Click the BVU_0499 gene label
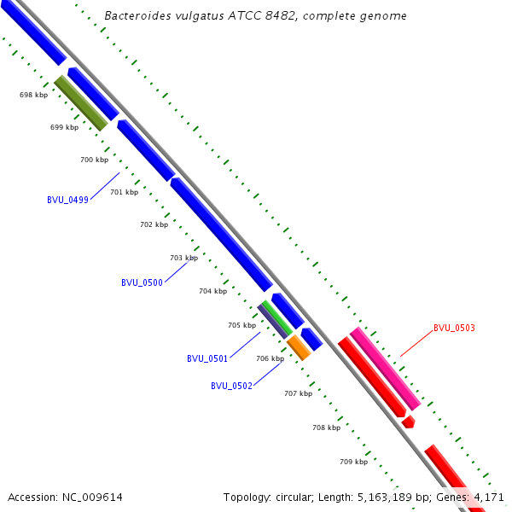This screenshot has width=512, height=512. (67, 200)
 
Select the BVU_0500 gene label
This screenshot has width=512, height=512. (142, 282)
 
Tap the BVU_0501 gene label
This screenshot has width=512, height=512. (207, 358)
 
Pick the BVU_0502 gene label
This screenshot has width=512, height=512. (231, 386)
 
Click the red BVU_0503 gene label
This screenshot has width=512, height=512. (454, 328)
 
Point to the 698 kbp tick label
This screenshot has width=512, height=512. (34, 95)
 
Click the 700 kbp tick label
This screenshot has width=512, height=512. (95, 160)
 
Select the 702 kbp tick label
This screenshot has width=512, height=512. (154, 224)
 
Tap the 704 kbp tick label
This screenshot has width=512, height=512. (213, 291)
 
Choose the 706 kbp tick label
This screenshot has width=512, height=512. (271, 358)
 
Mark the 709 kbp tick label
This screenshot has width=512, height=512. (354, 462)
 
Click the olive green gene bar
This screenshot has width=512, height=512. (81, 103)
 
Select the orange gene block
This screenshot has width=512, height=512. (299, 347)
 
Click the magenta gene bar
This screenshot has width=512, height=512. (386, 368)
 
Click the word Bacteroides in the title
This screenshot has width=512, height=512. (136, 16)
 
